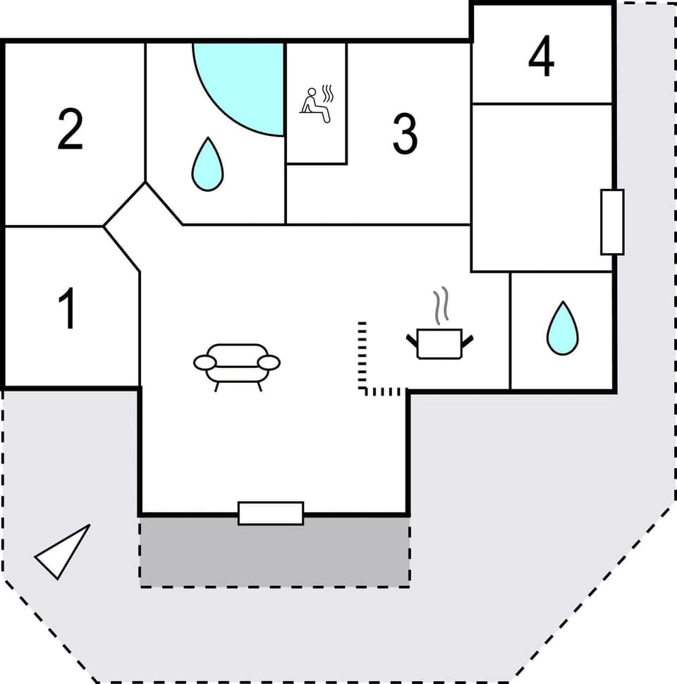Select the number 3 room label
(x=405, y=134)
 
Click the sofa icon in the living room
(x=237, y=364)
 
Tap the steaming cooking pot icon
(x=439, y=343)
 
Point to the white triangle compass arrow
(x=62, y=551)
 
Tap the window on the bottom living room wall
(x=271, y=513)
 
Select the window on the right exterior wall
(x=612, y=221)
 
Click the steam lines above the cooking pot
(x=441, y=305)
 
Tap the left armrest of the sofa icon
(x=205, y=362)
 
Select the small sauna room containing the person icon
(x=317, y=141)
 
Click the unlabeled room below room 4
(x=542, y=187)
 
